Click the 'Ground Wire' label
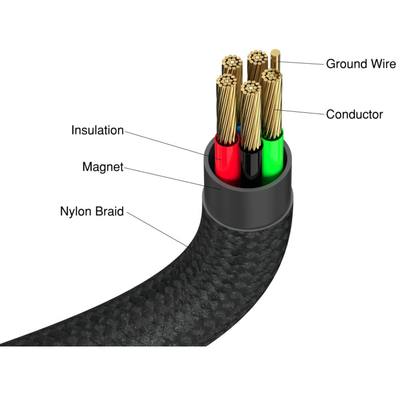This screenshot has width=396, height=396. (x=360, y=64)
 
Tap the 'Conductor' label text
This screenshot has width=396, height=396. (x=354, y=114)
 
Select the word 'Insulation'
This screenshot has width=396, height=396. (x=98, y=131)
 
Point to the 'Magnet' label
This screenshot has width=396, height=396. (x=102, y=167)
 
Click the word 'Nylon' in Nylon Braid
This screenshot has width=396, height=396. (x=76, y=211)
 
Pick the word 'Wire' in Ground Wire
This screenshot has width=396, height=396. (x=384, y=64)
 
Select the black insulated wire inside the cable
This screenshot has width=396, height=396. (x=250, y=166)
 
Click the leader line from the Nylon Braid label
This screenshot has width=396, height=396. (x=158, y=233)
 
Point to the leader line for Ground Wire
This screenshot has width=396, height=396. (x=302, y=63)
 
